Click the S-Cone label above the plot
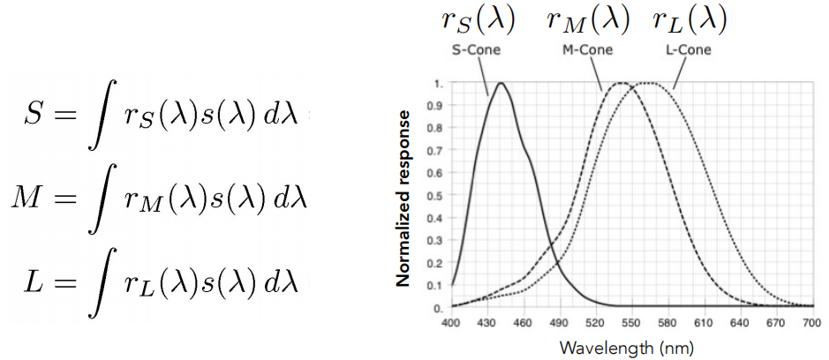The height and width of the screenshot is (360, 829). click(x=476, y=49)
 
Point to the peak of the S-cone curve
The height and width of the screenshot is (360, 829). click(x=501, y=84)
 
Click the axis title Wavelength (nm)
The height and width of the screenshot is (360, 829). click(x=627, y=347)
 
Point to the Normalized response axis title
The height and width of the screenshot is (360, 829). click(x=404, y=199)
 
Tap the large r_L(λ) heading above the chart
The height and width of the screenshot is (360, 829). click(x=690, y=20)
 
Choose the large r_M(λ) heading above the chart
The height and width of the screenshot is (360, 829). click(x=586, y=20)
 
